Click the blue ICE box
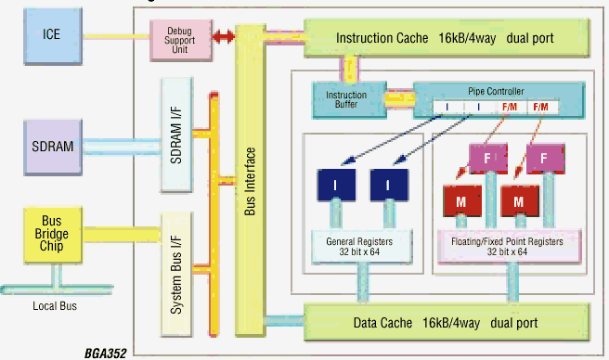[x=52, y=36]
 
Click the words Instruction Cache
[x=375, y=39]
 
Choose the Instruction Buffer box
[x=347, y=98]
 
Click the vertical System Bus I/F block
[x=177, y=275]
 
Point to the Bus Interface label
[x=250, y=186]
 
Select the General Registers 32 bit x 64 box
[x=359, y=246]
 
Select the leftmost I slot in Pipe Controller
[x=447, y=109]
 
